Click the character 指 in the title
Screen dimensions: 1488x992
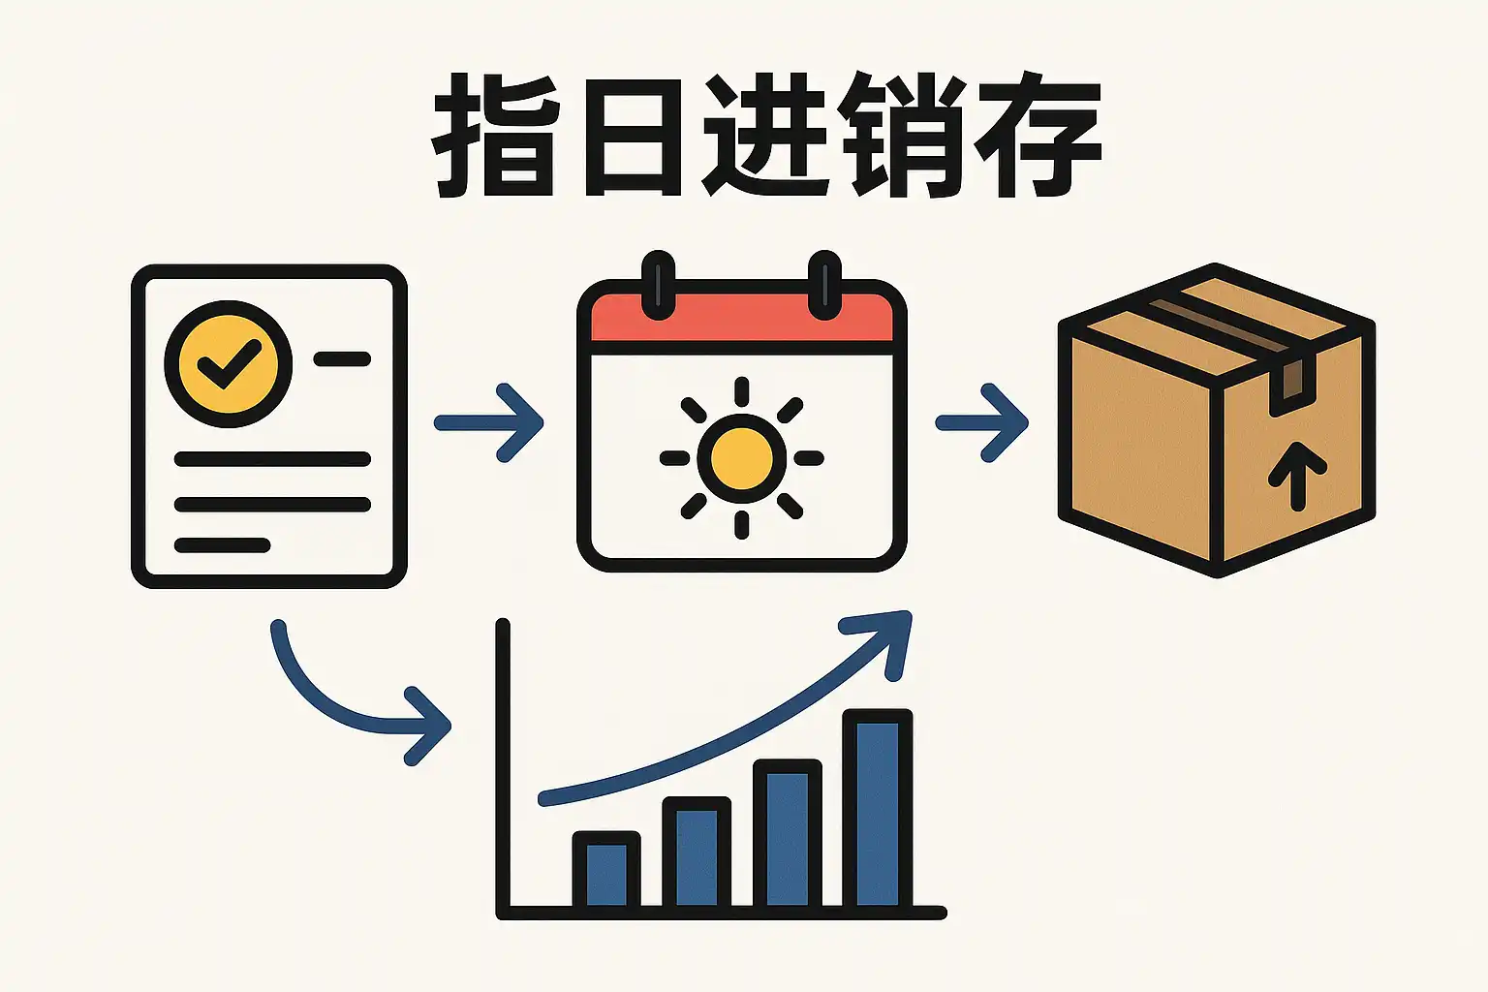click(495, 136)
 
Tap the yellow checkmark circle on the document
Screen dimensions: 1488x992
click(229, 363)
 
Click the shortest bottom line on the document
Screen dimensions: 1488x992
click(222, 545)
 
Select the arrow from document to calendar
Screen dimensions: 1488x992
click(489, 422)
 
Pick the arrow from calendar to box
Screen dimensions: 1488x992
click(981, 422)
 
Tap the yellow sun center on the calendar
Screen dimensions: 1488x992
click(742, 458)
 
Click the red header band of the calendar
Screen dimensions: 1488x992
click(742, 318)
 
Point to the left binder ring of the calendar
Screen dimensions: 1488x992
click(659, 285)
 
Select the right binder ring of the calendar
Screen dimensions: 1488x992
click(825, 285)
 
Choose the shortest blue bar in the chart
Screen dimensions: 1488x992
click(606, 873)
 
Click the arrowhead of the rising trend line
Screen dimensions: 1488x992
click(883, 635)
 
